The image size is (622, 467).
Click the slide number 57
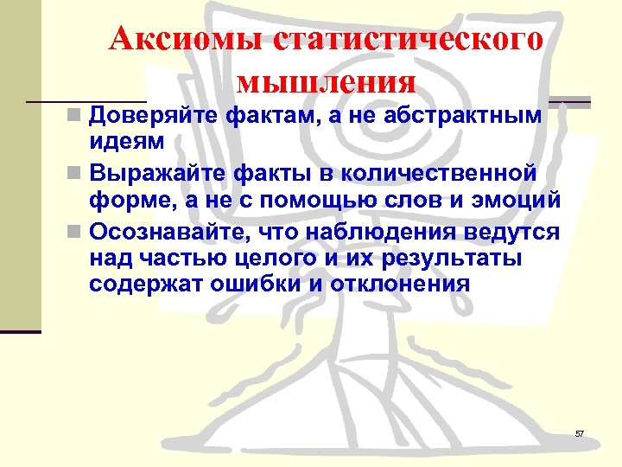point(580,432)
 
